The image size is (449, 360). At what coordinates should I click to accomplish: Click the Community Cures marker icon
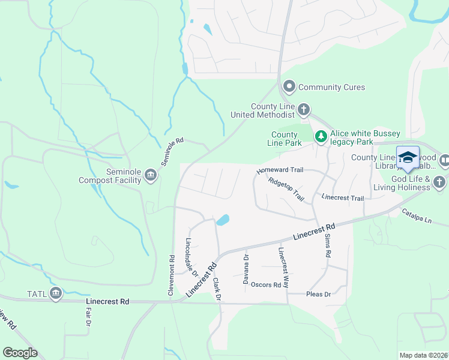289,87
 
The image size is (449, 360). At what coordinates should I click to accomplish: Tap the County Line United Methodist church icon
304,110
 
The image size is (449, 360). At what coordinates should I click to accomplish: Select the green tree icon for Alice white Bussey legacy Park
321,137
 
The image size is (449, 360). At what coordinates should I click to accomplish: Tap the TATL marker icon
56,293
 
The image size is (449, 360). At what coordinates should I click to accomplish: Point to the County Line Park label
285,139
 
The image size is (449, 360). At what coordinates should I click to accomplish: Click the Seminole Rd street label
172,152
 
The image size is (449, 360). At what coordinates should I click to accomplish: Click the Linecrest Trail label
343,197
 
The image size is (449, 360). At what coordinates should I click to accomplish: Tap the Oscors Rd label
266,285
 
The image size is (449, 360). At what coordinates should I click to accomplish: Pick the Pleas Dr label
319,295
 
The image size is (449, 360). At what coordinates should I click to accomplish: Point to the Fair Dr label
88,316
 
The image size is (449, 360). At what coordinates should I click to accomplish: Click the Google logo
20,353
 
